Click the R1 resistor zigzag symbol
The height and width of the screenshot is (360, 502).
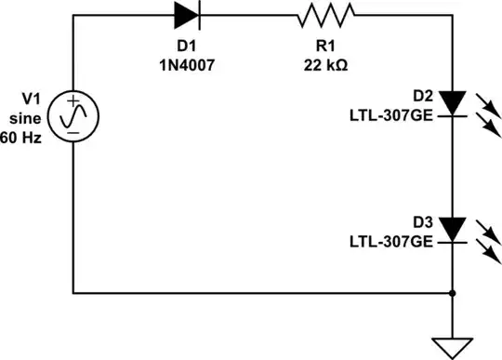pos(325,14)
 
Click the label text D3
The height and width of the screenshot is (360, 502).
pos(422,223)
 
